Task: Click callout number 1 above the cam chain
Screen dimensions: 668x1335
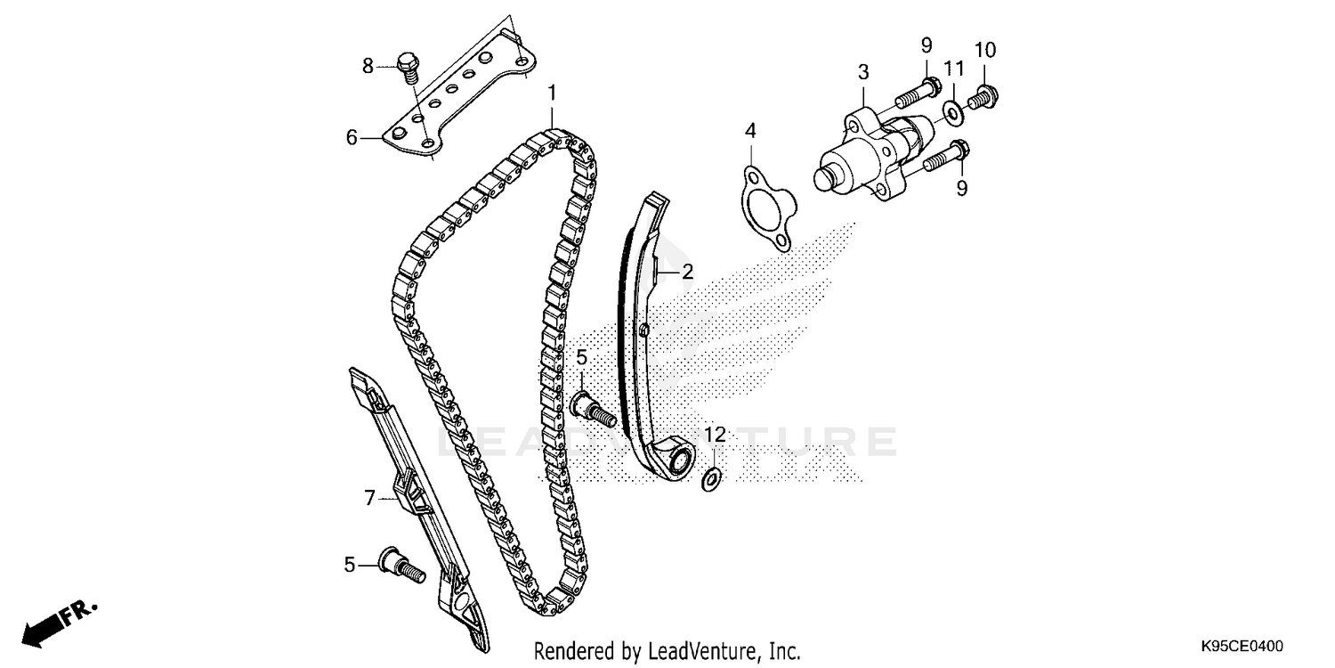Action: (x=552, y=93)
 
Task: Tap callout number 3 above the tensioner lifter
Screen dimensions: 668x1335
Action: (x=862, y=71)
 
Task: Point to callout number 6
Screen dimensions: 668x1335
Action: (x=352, y=137)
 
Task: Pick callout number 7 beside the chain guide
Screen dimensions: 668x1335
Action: (x=370, y=499)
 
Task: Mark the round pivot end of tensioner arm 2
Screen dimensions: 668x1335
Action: (x=679, y=460)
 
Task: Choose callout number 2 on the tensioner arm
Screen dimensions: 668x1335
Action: (x=687, y=273)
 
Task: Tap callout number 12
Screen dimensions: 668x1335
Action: (x=716, y=435)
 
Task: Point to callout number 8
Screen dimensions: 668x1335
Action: (x=367, y=65)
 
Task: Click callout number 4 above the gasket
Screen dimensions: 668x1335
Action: (x=750, y=131)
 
